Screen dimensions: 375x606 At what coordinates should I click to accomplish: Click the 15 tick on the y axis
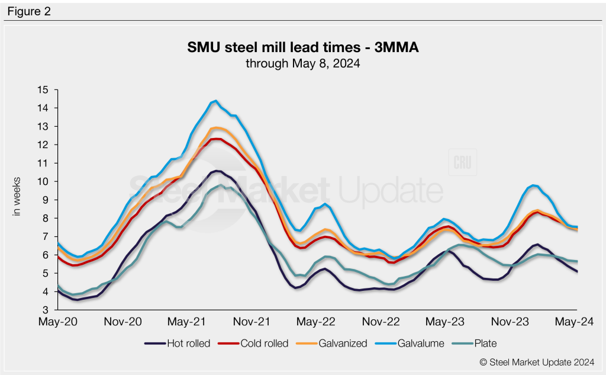coord(42,90)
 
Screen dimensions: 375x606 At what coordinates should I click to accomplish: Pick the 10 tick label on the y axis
coord(42,181)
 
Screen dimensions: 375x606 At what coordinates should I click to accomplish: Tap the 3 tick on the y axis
coord(44,310)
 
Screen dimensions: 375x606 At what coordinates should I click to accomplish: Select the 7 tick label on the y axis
coord(44,236)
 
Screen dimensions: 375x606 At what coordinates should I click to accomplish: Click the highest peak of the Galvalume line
coord(216,101)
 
